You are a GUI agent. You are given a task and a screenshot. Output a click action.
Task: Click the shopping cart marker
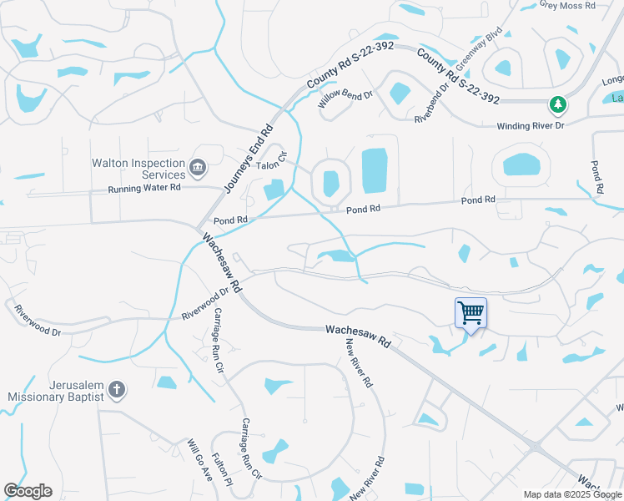(x=471, y=313)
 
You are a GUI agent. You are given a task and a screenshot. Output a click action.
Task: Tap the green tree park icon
(x=557, y=104)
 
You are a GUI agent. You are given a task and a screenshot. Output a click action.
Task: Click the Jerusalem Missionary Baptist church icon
(x=118, y=389)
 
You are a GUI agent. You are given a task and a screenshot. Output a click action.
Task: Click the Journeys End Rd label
(x=248, y=159)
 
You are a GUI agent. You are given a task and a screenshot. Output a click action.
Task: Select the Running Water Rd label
(x=144, y=189)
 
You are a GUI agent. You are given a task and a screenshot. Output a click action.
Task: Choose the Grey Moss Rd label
(x=567, y=5)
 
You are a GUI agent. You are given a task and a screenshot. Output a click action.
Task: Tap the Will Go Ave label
(x=199, y=458)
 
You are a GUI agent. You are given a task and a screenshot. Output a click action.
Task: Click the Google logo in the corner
(x=28, y=491)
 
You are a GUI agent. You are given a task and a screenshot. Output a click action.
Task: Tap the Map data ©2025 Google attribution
(x=571, y=494)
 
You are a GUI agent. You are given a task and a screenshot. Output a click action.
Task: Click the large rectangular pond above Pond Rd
(x=375, y=170)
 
